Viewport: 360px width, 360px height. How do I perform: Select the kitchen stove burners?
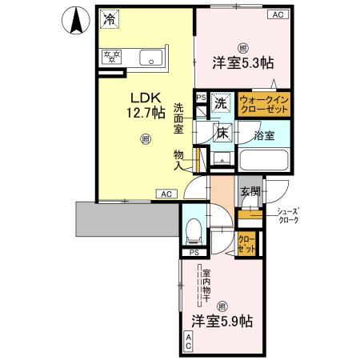109,58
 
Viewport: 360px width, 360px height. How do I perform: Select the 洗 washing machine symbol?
221,103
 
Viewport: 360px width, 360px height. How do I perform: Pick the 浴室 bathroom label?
264,135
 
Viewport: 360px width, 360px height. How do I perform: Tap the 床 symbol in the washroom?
222,134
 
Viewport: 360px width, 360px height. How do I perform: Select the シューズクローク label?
287,216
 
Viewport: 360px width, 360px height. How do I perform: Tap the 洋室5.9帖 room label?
222,322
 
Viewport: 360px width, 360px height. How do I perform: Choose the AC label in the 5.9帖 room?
189,342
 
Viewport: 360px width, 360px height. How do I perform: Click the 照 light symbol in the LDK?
146,139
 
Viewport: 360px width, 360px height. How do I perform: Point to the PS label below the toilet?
193,252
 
